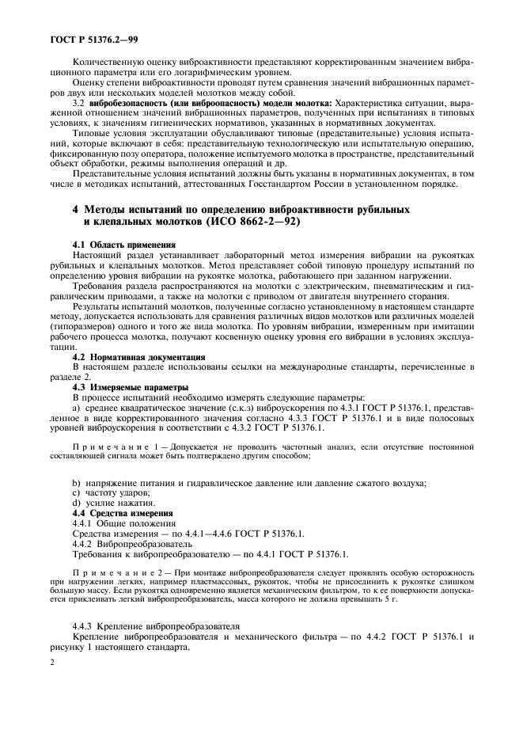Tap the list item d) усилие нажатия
tap(110, 504)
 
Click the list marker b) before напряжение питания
tap(76, 484)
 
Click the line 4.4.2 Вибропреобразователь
tap(120, 545)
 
